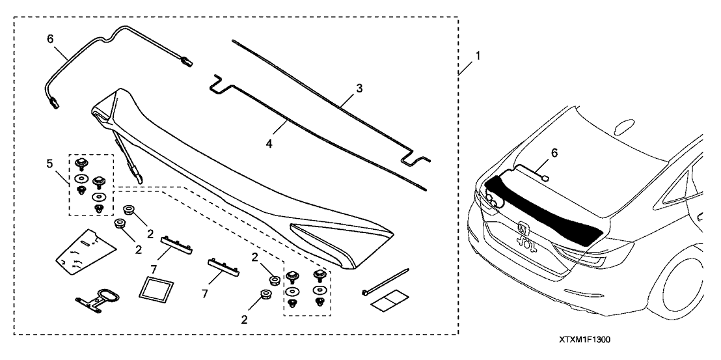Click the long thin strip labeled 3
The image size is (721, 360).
click(325, 111)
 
